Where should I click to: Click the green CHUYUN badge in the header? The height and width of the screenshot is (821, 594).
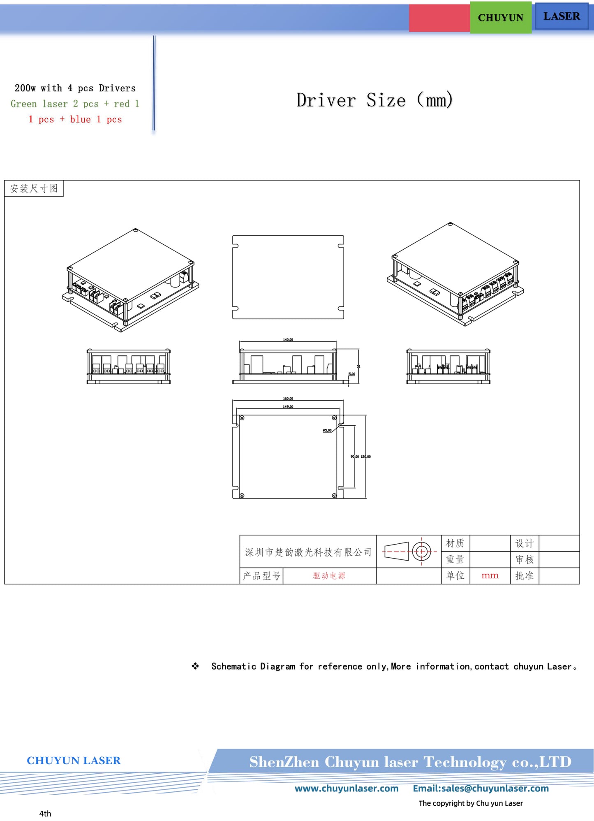pos(500,18)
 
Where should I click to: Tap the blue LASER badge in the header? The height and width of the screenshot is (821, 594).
pos(561,16)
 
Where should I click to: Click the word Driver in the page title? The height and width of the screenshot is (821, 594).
pos(326,100)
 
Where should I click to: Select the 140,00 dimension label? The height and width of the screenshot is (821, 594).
pos(288,340)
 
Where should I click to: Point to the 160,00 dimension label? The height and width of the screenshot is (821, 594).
pos(288,399)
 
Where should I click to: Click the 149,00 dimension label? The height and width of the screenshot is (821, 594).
pos(288,407)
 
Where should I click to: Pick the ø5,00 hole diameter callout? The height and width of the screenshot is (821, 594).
pos(327,430)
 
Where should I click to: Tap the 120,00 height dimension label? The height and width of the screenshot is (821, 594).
pos(366,457)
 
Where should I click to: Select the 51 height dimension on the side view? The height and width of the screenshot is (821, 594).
pos(358,366)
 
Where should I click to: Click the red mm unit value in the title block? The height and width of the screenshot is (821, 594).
pos(490,576)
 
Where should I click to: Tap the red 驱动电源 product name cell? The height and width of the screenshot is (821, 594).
pos(329,576)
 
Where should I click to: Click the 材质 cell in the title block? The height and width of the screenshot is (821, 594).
pos(455,543)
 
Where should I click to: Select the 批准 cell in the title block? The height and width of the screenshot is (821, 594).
pos(524,576)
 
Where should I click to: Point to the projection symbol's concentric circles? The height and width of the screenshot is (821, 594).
pos(421,552)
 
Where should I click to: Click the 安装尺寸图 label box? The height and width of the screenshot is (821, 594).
pos(34,189)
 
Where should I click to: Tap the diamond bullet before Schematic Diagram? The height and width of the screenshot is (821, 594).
pos(195,666)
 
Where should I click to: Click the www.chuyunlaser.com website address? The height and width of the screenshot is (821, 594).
pos(346,789)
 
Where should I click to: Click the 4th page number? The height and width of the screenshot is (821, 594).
pos(45,813)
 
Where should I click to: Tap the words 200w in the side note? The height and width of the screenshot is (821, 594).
pos(25,88)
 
